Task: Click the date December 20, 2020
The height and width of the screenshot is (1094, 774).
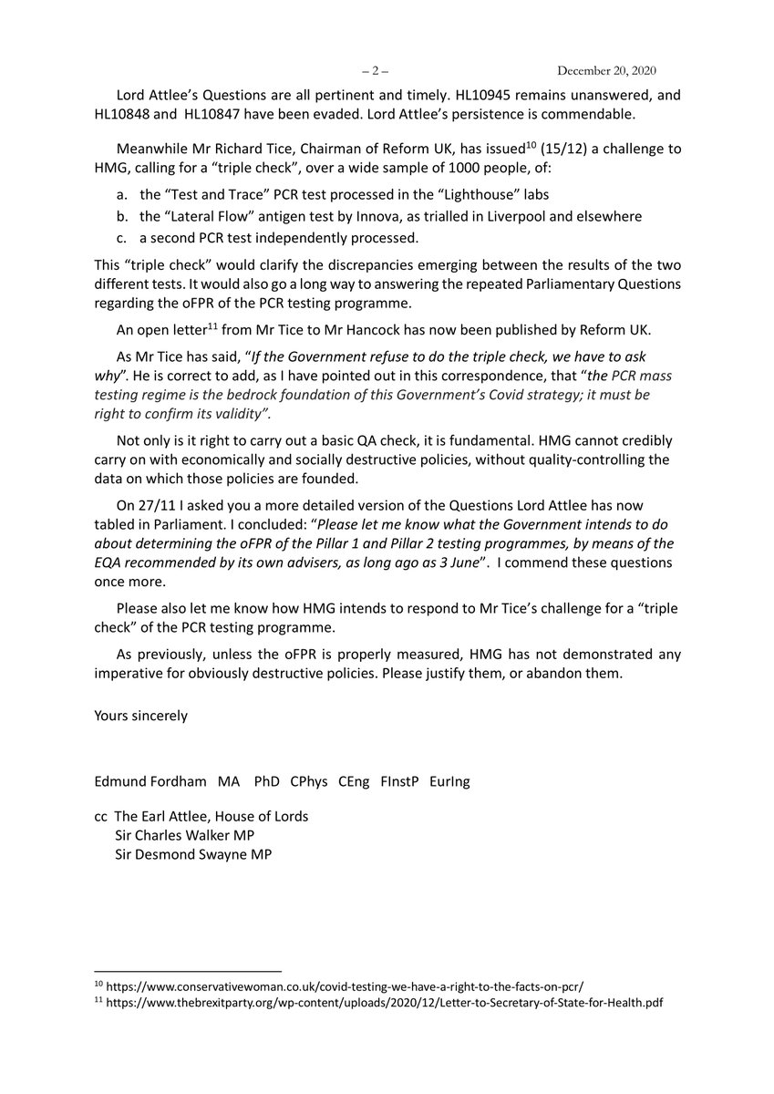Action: (x=621, y=71)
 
